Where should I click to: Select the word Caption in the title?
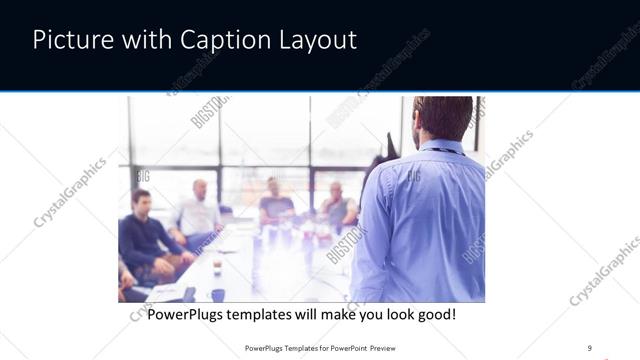click(221, 41)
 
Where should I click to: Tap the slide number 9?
click(589, 348)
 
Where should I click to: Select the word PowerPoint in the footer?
click(342, 348)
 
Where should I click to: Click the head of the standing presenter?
click(443, 118)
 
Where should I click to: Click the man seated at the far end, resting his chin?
click(338, 205)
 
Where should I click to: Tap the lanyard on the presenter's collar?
click(440, 150)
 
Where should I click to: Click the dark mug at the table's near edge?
click(217, 295)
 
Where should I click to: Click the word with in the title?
click(147, 41)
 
